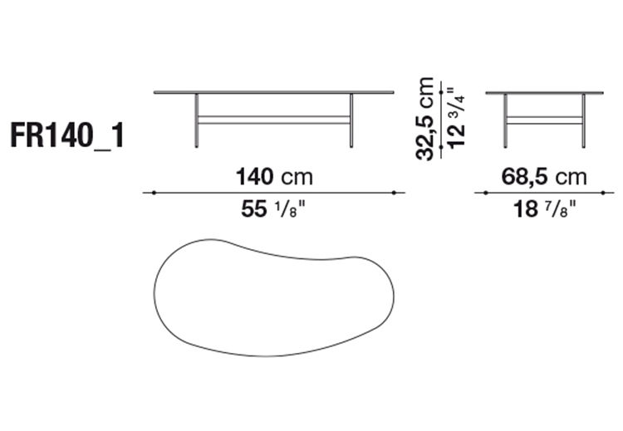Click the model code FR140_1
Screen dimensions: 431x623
tap(67, 135)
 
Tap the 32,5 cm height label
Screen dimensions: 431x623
tap(425, 119)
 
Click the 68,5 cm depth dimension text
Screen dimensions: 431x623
tap(543, 177)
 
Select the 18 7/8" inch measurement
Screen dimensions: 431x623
tap(543, 210)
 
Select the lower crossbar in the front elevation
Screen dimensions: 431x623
tap(274, 120)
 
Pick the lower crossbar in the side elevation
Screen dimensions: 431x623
tap(545, 120)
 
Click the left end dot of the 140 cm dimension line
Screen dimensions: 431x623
tap(145, 193)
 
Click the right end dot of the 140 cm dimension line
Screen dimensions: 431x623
tap(404, 193)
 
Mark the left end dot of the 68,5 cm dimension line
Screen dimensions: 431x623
tap(476, 193)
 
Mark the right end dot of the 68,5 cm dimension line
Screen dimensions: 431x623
tap(612, 193)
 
